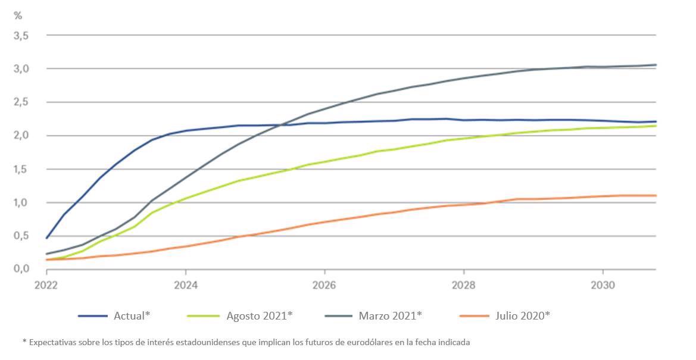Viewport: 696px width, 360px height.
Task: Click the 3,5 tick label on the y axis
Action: (x=21, y=36)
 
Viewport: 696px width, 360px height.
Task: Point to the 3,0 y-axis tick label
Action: (x=21, y=69)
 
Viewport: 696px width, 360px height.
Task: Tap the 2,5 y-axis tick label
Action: (x=21, y=102)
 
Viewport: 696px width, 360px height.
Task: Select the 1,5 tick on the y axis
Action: (x=21, y=169)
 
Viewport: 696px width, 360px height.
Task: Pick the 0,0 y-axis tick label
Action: (x=21, y=269)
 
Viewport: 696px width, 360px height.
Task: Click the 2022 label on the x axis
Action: (x=46, y=285)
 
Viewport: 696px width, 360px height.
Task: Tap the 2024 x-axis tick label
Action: (x=185, y=285)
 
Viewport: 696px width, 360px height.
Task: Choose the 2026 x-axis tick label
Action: (x=324, y=285)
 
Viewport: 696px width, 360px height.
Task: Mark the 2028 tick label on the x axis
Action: (x=463, y=285)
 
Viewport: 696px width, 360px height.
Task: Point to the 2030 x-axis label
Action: (x=603, y=285)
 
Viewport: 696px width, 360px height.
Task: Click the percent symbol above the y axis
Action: (x=18, y=15)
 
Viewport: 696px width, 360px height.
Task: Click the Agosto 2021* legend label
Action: (x=260, y=315)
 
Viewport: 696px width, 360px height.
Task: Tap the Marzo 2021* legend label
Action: (x=390, y=315)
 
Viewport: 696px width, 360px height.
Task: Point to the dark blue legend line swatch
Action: (x=92, y=315)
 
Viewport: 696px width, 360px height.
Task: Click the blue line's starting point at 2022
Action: (x=46, y=238)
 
